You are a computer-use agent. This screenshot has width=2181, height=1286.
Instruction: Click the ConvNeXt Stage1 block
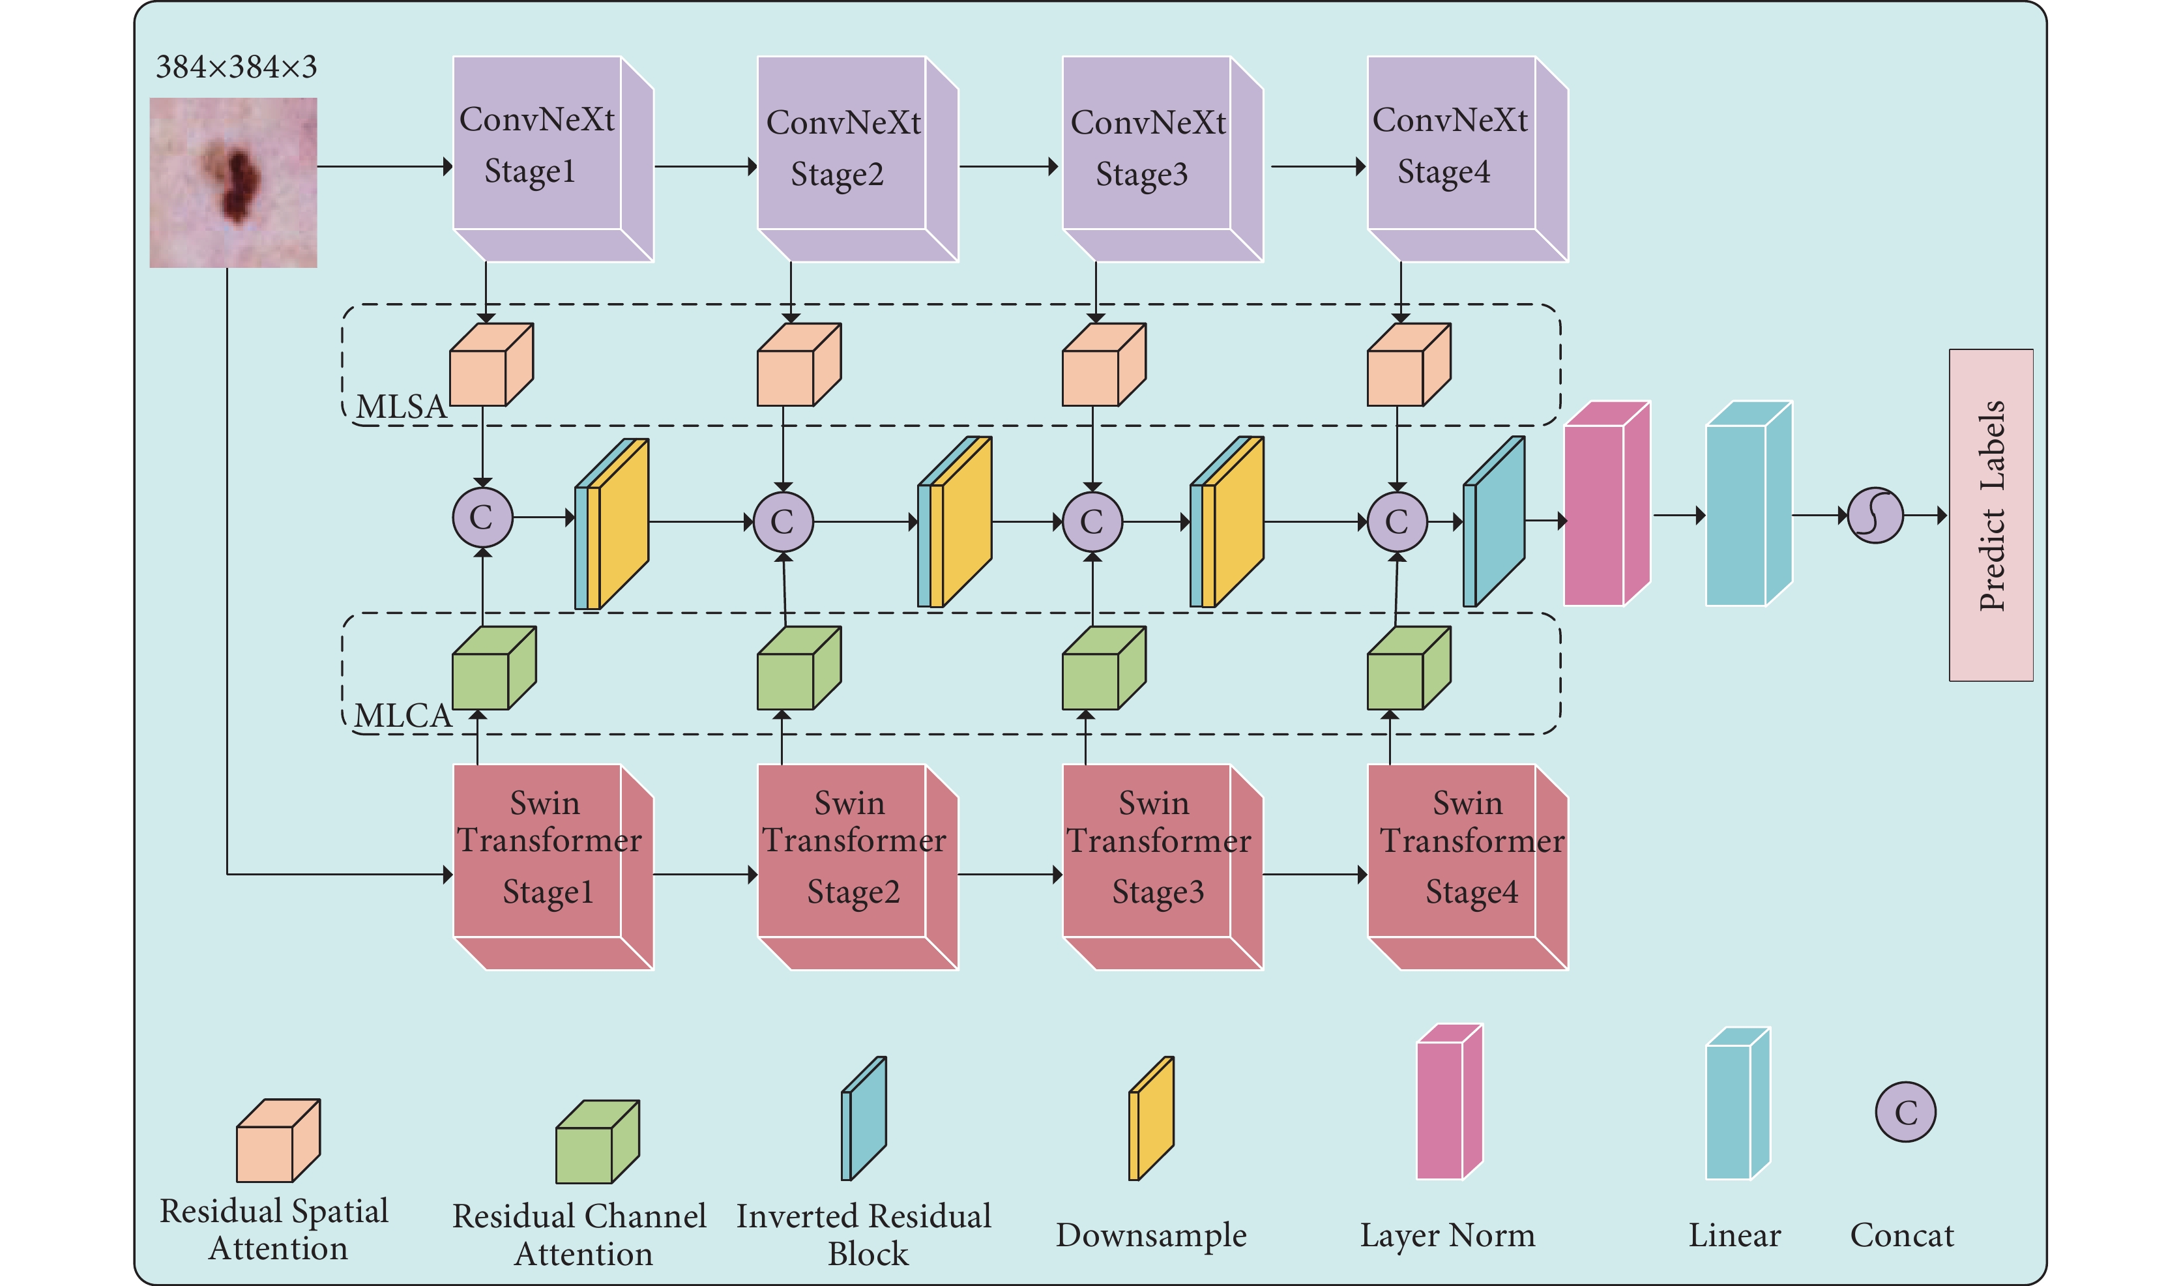tap(553, 158)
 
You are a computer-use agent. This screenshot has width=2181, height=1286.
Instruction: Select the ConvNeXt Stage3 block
tap(1162, 158)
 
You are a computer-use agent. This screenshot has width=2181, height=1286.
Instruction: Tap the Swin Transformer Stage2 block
tap(858, 867)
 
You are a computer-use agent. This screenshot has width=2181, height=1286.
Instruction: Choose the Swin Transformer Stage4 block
tap(1468, 867)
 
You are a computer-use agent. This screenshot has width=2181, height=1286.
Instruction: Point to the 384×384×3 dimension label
tap(236, 66)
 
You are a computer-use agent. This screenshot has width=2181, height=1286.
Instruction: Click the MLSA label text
tap(401, 407)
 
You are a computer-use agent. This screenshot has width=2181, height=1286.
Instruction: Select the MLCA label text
tap(403, 716)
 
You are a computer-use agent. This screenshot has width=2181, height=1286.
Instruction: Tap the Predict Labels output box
tap(1991, 515)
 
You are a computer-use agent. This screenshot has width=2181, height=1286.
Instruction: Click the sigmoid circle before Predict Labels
tap(1875, 516)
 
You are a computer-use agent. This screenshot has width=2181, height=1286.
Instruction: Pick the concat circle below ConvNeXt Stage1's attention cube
tap(482, 518)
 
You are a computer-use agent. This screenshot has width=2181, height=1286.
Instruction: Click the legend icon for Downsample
tap(1150, 1118)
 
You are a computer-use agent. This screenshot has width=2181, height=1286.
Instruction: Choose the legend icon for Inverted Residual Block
tap(864, 1118)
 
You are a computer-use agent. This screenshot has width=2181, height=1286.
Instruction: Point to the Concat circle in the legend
tap(1905, 1112)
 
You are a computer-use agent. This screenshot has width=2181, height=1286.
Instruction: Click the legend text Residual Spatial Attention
tap(274, 1229)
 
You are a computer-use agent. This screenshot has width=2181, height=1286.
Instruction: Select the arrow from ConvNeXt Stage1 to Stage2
tap(706, 166)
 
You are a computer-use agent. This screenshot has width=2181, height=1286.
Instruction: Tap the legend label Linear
tap(1734, 1235)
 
